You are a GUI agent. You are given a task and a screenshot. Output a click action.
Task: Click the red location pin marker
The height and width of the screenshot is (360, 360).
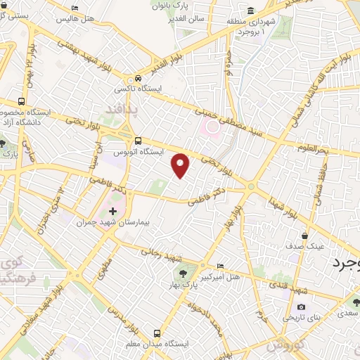click(x=181, y=165)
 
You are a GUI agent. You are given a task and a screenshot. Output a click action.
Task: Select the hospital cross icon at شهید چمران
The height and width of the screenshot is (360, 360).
click(x=113, y=212)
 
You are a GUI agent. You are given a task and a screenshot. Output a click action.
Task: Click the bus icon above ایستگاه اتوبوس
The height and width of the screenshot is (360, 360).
click(x=139, y=141)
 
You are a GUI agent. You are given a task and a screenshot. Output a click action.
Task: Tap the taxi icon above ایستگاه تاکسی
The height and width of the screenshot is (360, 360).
click(x=139, y=79)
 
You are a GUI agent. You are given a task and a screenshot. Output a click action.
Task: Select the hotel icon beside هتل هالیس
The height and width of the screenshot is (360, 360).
click(x=75, y=8)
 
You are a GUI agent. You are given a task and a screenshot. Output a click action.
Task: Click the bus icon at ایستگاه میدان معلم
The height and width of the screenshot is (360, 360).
click(x=156, y=333)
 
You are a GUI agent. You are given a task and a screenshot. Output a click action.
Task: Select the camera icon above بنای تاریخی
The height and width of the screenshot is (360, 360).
click(x=301, y=307)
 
